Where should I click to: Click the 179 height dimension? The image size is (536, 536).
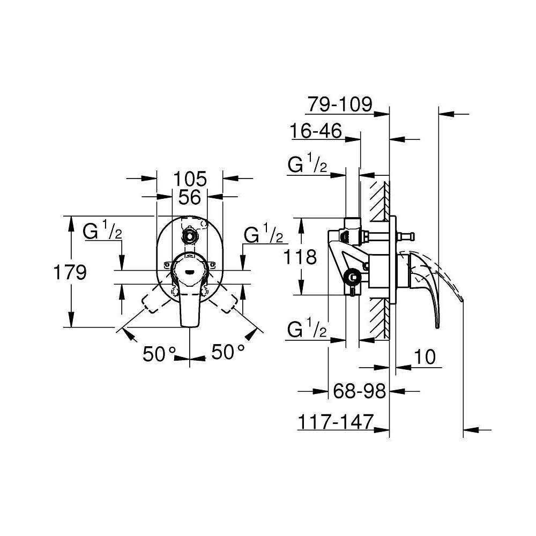[x=70, y=272]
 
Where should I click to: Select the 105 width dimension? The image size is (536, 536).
[x=190, y=178]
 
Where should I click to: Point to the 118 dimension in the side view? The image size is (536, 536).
[x=300, y=257]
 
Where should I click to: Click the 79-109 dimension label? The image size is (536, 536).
[x=339, y=104]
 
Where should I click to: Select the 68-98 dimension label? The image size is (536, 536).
[x=359, y=391]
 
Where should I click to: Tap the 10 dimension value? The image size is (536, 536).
[x=425, y=357]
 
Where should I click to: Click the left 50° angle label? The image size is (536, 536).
[x=159, y=353]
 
